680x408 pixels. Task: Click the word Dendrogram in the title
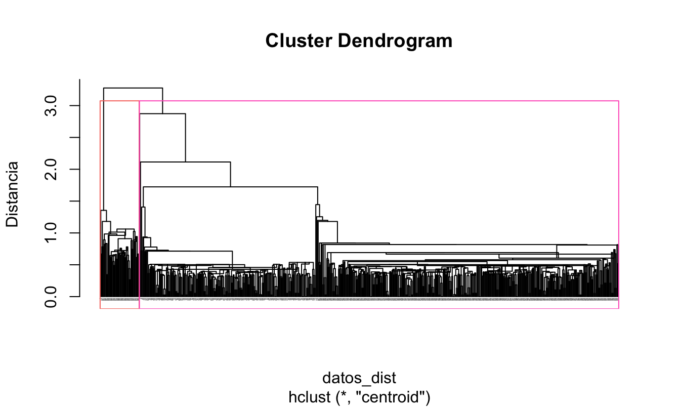pyautogui.click(x=395, y=41)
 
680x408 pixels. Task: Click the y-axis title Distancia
pyautogui.click(x=12, y=194)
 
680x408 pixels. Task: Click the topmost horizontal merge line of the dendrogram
pyautogui.click(x=133, y=88)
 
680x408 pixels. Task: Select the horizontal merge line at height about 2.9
pyautogui.click(x=162, y=113)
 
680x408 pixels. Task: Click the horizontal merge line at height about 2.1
pyautogui.click(x=185, y=162)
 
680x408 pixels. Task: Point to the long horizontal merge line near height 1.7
pyautogui.click(x=230, y=187)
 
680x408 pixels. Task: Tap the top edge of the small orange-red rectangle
pyautogui.click(x=119, y=101)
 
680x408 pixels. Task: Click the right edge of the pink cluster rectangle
pyautogui.click(x=619, y=202)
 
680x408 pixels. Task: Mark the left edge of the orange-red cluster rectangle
pyautogui.click(x=100, y=152)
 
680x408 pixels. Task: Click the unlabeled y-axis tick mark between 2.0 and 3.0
pyautogui.click(x=75, y=137)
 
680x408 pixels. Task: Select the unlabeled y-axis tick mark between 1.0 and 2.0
pyautogui.click(x=75, y=201)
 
